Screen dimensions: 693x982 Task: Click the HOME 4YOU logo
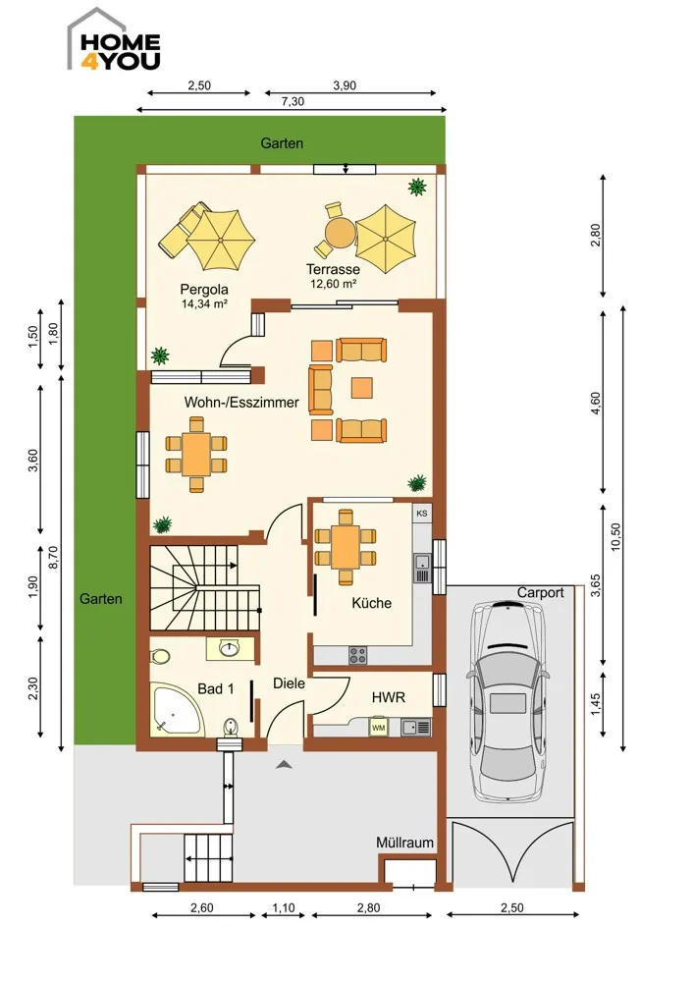point(115,40)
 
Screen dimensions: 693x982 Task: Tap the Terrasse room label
point(333,269)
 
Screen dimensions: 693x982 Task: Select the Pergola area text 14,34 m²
point(204,304)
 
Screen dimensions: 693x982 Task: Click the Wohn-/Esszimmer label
point(241,402)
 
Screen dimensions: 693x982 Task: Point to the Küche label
point(372,603)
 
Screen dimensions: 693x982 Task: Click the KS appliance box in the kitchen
point(422,513)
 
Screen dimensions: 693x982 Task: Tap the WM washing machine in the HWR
point(378,728)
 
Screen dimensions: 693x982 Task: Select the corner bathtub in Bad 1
point(176,711)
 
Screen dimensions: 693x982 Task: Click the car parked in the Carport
point(507,701)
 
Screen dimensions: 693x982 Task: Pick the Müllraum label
point(404,843)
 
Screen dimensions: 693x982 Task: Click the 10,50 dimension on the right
point(616,536)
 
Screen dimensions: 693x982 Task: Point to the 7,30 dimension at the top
point(293,101)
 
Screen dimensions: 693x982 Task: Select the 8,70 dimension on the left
point(53,557)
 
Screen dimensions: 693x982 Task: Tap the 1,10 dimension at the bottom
point(284,907)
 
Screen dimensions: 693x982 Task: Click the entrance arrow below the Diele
point(285,763)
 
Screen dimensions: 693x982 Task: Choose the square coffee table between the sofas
point(362,388)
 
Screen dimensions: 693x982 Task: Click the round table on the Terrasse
point(340,233)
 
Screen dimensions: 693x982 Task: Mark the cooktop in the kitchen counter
point(358,655)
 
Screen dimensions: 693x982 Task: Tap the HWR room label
point(388,697)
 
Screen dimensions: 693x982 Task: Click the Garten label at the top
point(282,142)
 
